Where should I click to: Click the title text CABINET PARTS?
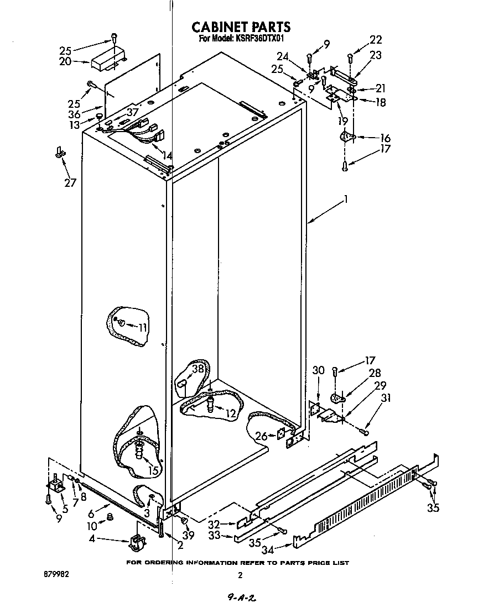pyautogui.click(x=240, y=27)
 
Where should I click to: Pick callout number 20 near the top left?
pyautogui.click(x=65, y=61)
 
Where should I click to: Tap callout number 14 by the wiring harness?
pyautogui.click(x=165, y=156)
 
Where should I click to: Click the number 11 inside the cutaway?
pyautogui.click(x=142, y=327)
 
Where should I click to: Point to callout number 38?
pyautogui.click(x=198, y=369)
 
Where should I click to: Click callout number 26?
pyautogui.click(x=261, y=437)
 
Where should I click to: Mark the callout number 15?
pyautogui.click(x=153, y=470)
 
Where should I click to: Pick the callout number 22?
pyautogui.click(x=376, y=40)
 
